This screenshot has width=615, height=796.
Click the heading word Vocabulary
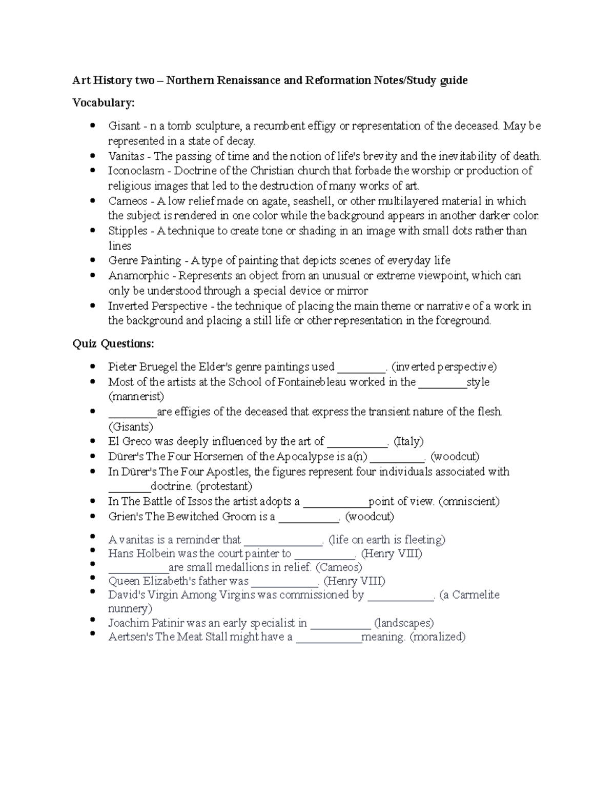pyautogui.click(x=103, y=103)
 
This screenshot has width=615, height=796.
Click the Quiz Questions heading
pyautogui.click(x=113, y=343)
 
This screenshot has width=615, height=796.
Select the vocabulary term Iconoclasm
pyautogui.click(x=136, y=171)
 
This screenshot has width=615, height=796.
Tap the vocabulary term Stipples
pyautogui.click(x=128, y=231)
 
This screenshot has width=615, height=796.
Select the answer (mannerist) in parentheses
pyautogui.click(x=136, y=396)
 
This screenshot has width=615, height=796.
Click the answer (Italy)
pyautogui.click(x=408, y=441)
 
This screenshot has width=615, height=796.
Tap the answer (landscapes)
pyautogui.click(x=404, y=623)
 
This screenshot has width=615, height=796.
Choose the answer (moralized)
pyautogui.click(x=438, y=637)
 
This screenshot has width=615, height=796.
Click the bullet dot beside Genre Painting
pyautogui.click(x=92, y=260)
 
